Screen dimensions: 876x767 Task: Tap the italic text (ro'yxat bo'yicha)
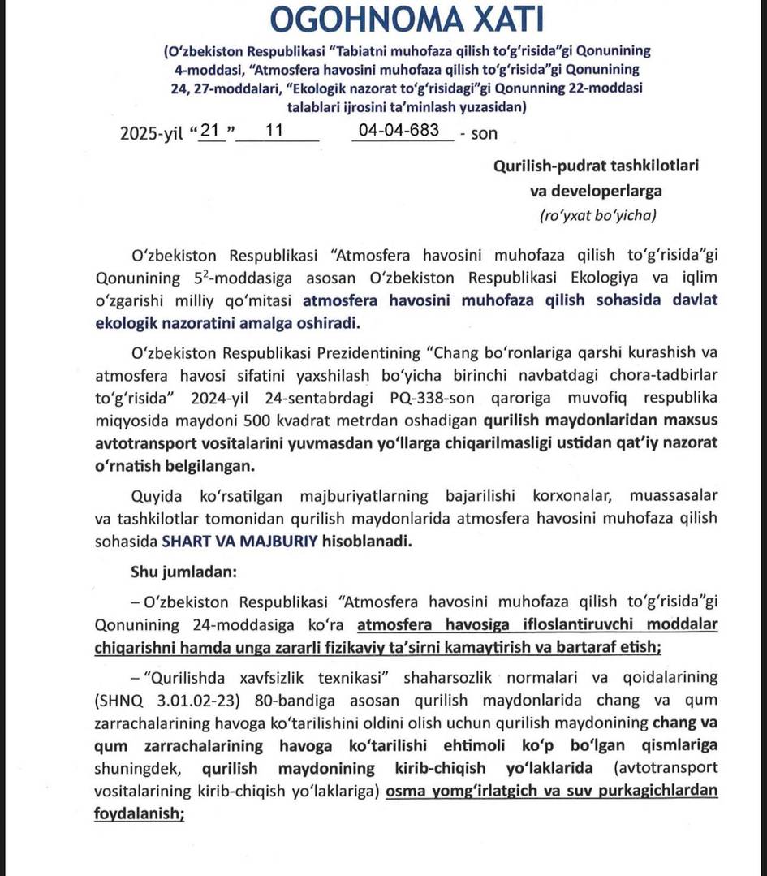597,216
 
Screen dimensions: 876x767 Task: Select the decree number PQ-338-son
443,399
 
